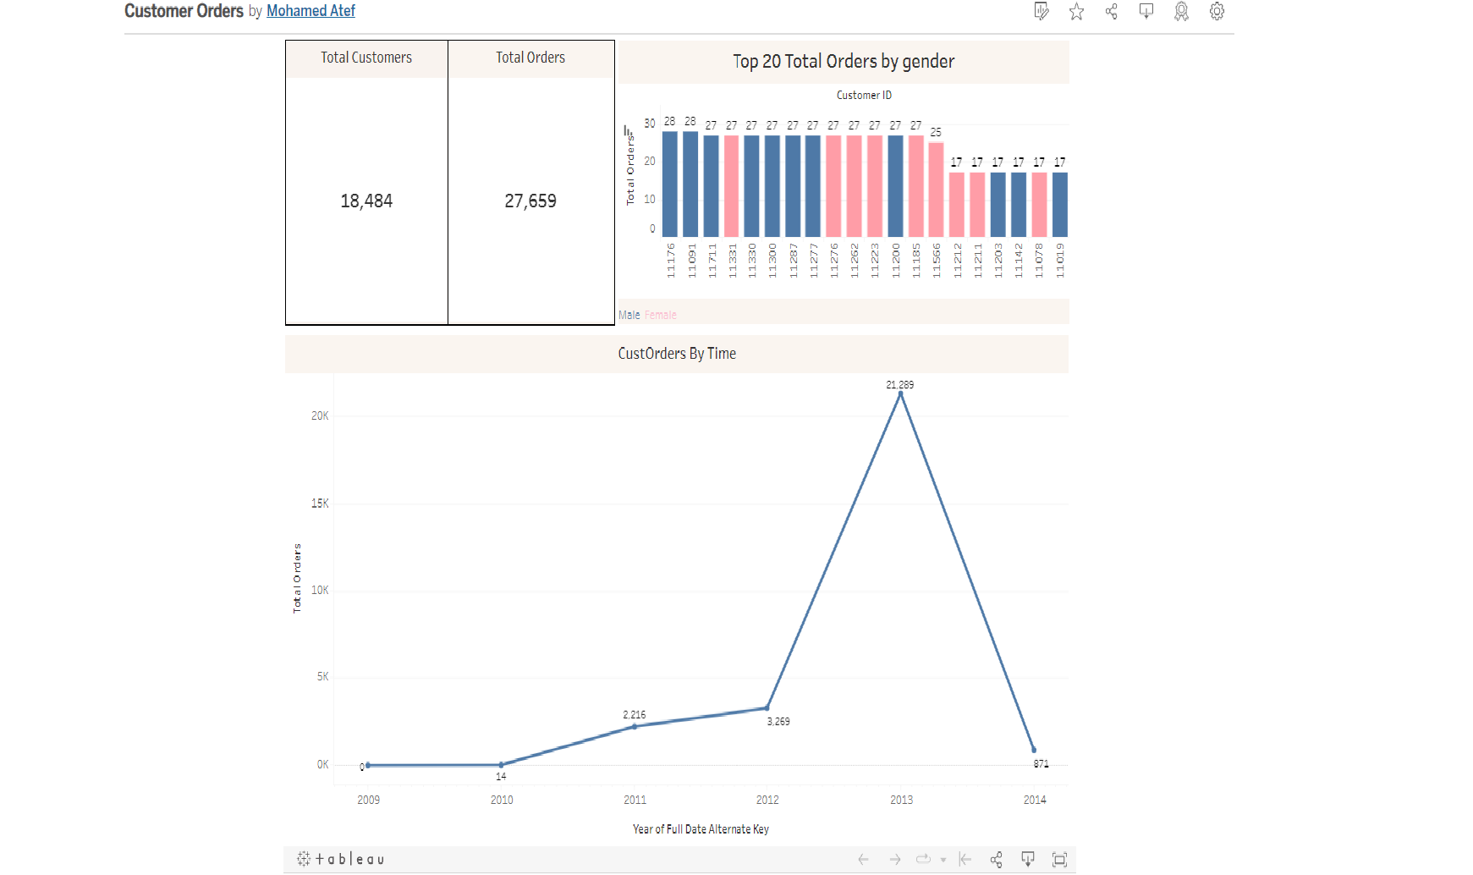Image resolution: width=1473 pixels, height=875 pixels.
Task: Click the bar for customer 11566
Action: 936,190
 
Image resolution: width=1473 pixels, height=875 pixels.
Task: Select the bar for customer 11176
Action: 669,184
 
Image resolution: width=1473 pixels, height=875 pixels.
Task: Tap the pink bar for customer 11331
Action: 731,186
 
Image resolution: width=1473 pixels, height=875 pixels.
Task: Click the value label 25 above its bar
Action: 936,133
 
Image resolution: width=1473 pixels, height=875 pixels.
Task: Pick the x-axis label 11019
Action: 1060,261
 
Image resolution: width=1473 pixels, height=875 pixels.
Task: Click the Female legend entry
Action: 661,315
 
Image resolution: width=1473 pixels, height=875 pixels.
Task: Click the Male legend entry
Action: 629,315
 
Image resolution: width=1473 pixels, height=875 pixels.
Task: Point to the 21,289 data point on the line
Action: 900,393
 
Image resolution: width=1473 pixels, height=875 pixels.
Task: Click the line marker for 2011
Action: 635,726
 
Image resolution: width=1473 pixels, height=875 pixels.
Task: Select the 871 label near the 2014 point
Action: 1041,763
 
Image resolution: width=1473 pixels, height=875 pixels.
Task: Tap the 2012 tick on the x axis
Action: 767,800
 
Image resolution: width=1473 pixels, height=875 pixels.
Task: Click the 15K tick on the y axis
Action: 320,504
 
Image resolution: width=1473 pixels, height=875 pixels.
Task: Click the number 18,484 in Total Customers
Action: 366,201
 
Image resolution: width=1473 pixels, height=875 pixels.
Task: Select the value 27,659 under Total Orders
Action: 530,201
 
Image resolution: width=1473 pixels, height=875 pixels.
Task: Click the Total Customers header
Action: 366,58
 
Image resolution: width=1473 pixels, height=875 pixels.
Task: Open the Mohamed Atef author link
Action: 311,11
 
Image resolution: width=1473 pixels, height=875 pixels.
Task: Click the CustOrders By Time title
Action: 677,354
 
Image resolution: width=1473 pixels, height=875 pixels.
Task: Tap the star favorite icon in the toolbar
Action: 1076,11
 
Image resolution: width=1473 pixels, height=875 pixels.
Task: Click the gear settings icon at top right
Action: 1217,11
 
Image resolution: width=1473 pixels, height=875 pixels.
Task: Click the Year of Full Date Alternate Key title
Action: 701,829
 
